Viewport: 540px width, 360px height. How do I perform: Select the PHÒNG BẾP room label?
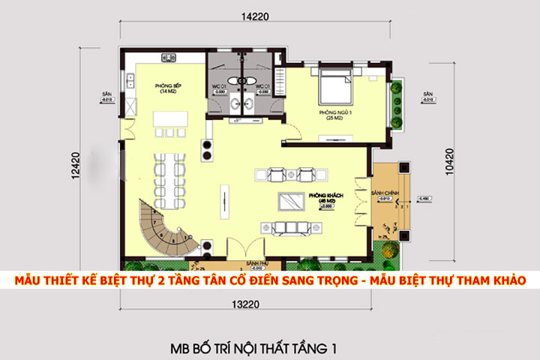point(166,88)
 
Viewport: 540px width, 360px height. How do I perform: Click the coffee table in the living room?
point(289,202)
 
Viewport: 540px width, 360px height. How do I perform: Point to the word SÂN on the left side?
point(108,94)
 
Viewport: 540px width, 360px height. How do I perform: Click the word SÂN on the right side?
point(427,94)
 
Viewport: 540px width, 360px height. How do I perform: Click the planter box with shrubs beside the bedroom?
point(394,106)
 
